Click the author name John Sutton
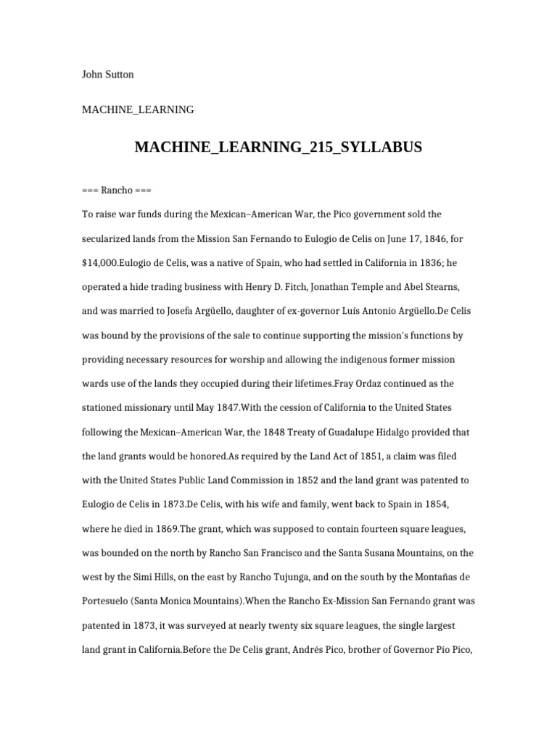coord(108,74)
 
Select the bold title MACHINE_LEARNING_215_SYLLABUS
coord(278,148)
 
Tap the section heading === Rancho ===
coord(117,191)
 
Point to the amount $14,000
coord(100,262)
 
